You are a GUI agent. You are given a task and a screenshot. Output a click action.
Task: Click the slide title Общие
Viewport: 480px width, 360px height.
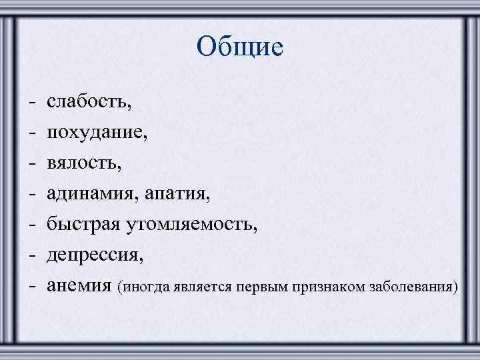[x=240, y=47]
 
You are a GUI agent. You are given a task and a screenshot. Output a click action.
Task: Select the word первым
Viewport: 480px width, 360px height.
[x=255, y=288]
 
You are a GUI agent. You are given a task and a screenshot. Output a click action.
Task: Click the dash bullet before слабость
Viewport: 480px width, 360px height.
[x=31, y=103]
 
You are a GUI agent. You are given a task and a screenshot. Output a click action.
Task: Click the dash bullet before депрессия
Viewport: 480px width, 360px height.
[x=31, y=257]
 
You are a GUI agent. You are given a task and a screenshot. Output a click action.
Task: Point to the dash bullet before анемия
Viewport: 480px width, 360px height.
[x=31, y=287]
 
